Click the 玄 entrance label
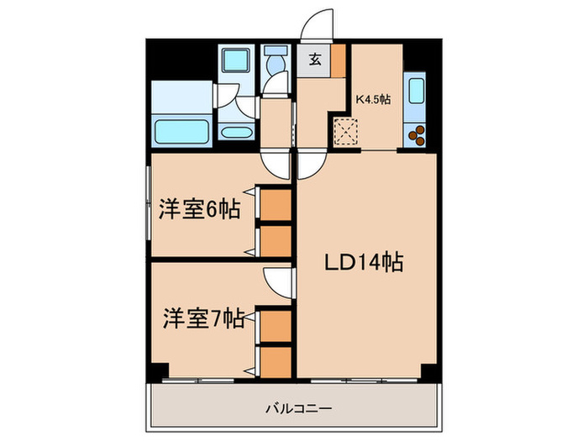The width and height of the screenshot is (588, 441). coord(313,59)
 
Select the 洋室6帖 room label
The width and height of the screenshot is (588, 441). coord(199,209)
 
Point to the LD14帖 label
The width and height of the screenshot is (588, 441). coord(364,263)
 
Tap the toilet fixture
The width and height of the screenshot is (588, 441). coord(275,66)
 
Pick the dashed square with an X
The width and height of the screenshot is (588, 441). coord(346,133)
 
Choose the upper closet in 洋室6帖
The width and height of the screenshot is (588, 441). coord(275,205)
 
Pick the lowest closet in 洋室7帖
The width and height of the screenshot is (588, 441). coord(275,361)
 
